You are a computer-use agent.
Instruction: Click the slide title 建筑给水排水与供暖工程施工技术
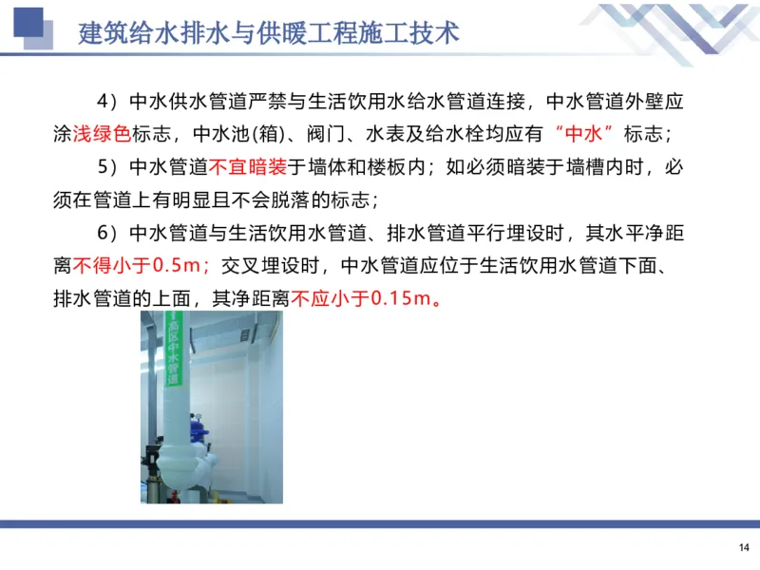point(269,33)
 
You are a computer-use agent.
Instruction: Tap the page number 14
point(743,546)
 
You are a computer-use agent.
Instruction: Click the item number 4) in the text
point(106,102)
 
